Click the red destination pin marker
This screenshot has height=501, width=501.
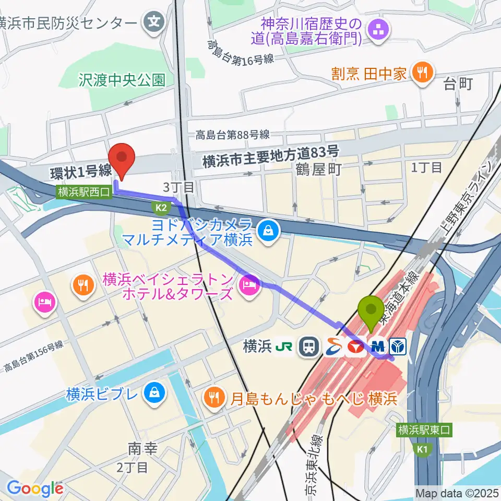tap(122, 159)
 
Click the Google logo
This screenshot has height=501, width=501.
tap(35, 488)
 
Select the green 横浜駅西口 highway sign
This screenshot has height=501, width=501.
tap(84, 192)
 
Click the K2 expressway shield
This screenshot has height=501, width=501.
tap(160, 208)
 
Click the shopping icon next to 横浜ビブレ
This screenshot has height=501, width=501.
tap(154, 392)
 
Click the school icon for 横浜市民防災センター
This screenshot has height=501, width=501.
tap(154, 22)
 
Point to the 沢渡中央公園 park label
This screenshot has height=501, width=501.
tap(122, 79)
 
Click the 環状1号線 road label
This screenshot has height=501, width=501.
tap(81, 171)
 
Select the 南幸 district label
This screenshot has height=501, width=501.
tap(142, 449)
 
